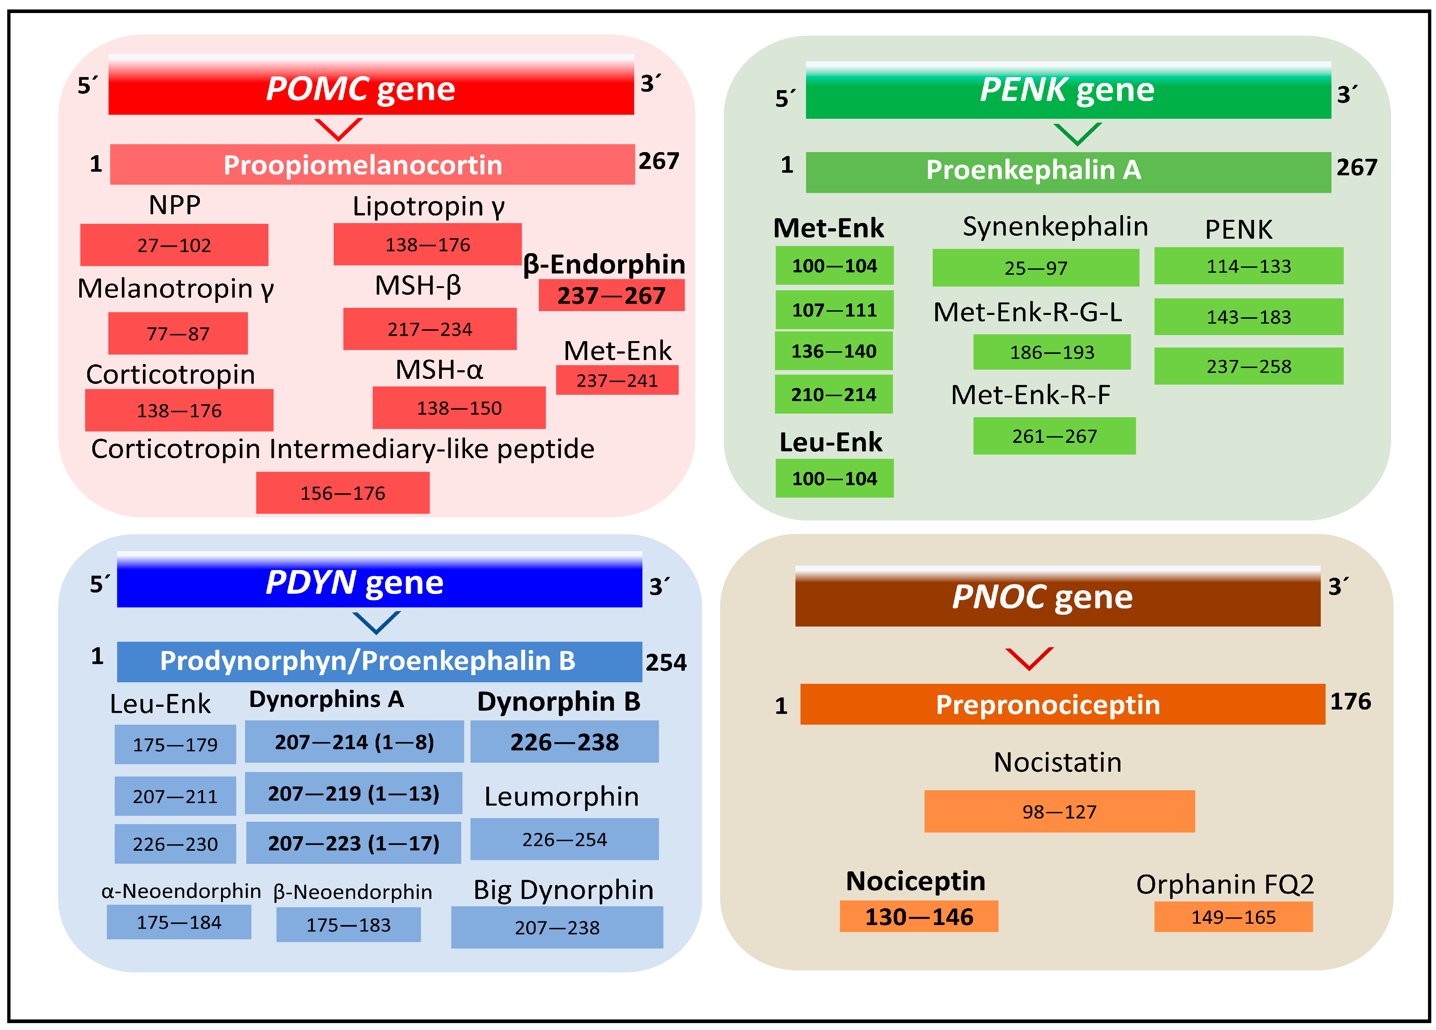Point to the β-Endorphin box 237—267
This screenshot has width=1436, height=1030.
click(611, 295)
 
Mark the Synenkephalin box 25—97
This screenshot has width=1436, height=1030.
click(1035, 267)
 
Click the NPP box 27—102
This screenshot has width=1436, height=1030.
click(174, 244)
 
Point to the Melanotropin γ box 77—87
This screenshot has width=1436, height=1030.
click(178, 333)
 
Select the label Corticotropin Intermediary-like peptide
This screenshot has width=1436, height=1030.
click(343, 448)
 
